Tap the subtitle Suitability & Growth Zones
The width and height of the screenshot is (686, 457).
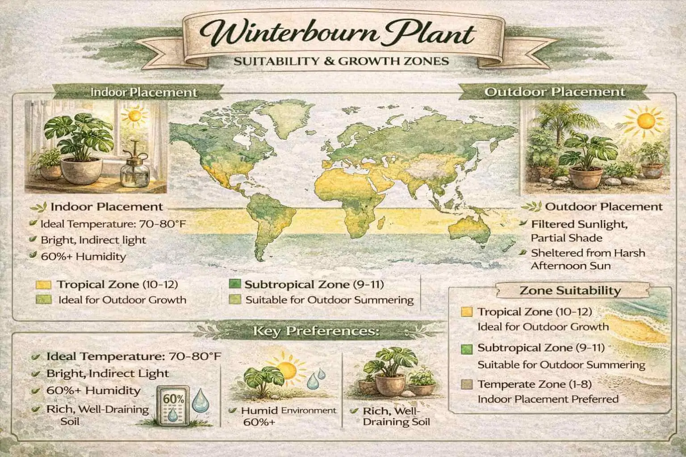pos(341,60)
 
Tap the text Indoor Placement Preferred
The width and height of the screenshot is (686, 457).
pos(548,399)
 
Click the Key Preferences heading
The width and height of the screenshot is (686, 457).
pos(316,332)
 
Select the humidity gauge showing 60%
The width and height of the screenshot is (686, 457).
pos(172,407)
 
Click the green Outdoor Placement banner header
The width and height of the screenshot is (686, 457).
pos(554,92)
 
